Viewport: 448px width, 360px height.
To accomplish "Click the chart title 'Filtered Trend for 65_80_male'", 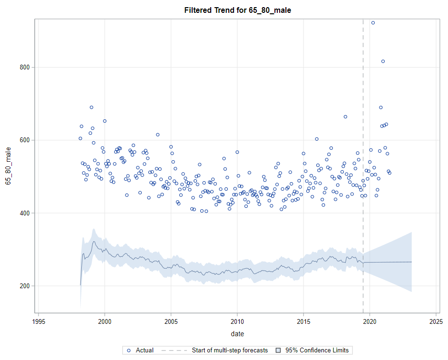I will point(237,10).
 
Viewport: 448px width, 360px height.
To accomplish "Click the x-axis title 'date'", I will point(237,334).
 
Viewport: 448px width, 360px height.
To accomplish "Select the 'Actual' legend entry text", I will point(145,350).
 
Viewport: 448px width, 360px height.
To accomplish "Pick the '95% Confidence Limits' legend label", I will point(317,350).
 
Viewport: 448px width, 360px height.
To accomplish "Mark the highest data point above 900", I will point(373,23).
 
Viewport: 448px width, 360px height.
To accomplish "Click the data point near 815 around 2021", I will point(383,61).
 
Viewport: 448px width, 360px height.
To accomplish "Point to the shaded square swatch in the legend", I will point(278,350).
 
